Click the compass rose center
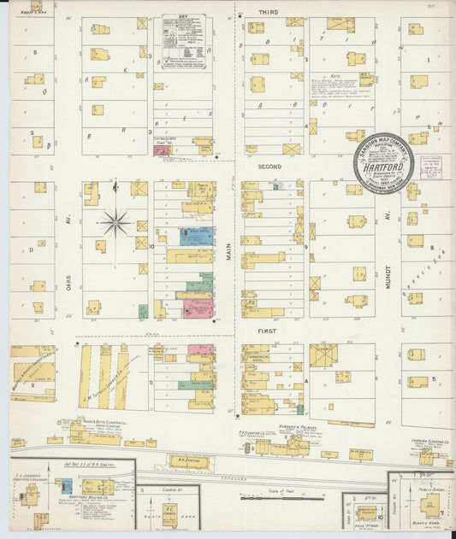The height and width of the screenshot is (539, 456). (x=115, y=223)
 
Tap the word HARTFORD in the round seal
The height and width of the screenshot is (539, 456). (x=384, y=171)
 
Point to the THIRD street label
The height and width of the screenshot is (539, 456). (x=268, y=13)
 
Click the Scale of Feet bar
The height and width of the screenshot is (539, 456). (x=273, y=494)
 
